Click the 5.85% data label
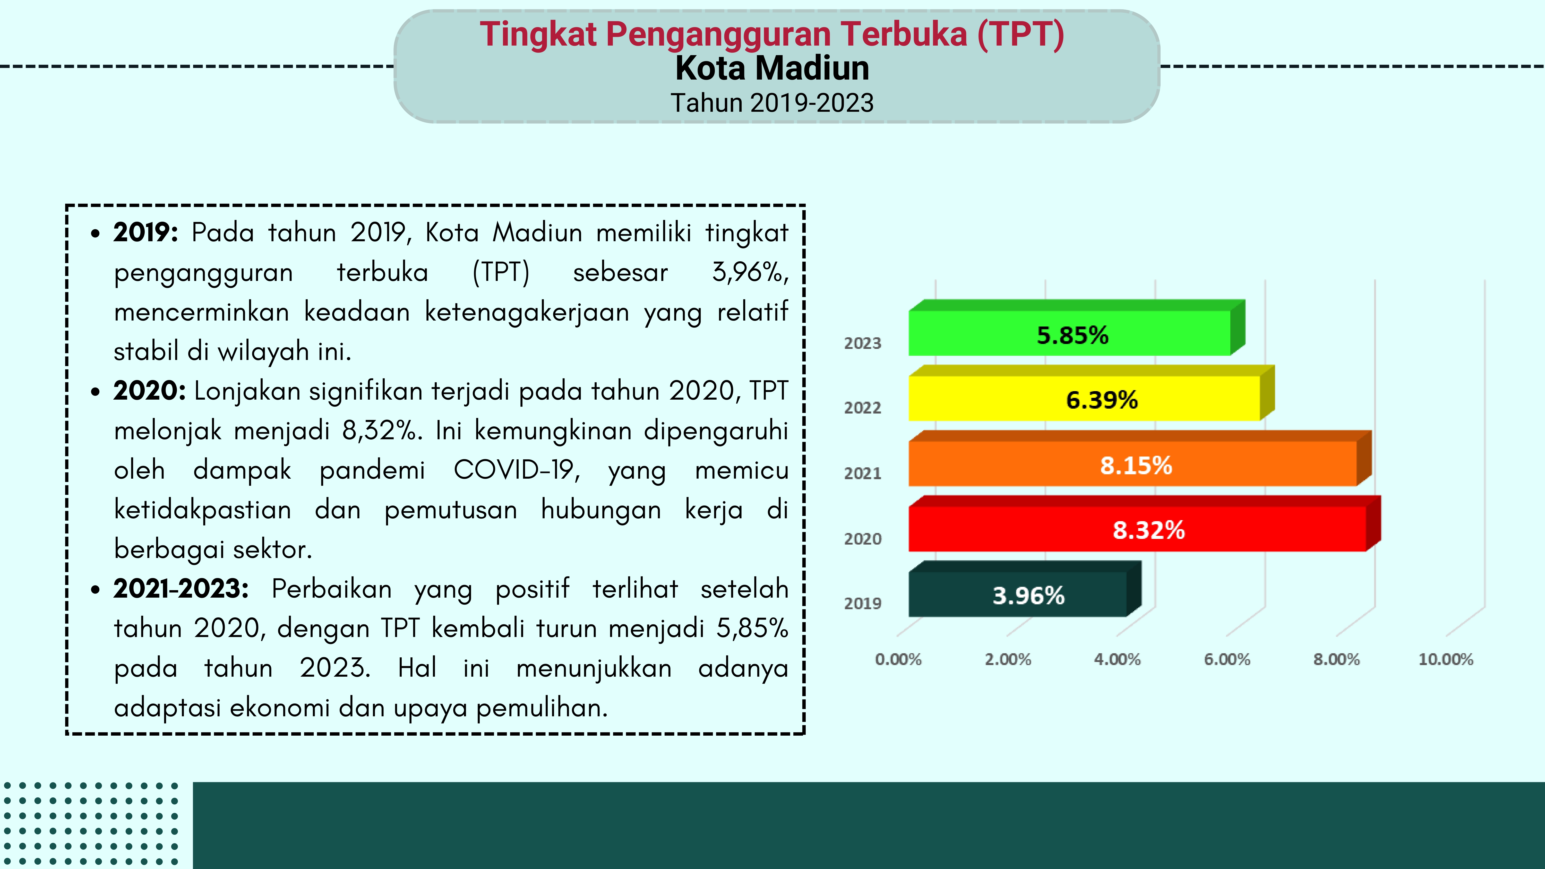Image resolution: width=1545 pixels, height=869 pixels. point(1072,335)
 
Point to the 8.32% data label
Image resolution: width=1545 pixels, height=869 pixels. point(1148,530)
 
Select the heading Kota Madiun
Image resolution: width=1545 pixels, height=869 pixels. point(772,68)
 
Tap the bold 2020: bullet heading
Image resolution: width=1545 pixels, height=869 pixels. point(149,391)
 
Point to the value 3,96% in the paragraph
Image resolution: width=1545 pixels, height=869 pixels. point(750,272)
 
